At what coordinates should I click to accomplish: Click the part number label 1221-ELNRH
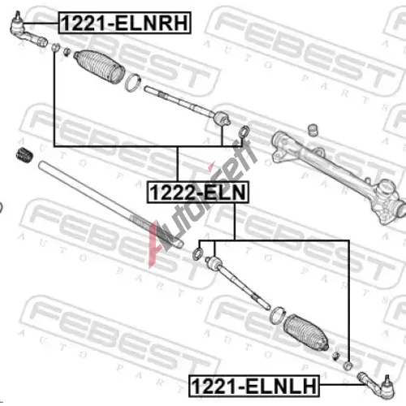[124, 23]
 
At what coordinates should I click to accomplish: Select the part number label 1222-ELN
[197, 192]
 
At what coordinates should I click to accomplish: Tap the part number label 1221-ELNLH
[254, 386]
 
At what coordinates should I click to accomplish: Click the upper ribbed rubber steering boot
[100, 67]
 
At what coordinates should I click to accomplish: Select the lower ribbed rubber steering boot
[306, 332]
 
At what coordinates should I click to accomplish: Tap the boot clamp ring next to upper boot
[133, 83]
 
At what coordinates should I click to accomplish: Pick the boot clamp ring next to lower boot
[277, 315]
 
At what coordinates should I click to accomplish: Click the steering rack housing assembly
[339, 176]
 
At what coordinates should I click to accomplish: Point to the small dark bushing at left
[24, 155]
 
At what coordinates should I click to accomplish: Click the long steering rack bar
[110, 205]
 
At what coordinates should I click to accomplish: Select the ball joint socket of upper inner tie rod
[222, 119]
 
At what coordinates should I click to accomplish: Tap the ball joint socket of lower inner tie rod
[214, 262]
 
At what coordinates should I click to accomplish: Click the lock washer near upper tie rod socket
[244, 132]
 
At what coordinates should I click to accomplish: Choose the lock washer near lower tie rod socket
[197, 253]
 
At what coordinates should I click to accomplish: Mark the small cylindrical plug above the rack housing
[313, 129]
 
